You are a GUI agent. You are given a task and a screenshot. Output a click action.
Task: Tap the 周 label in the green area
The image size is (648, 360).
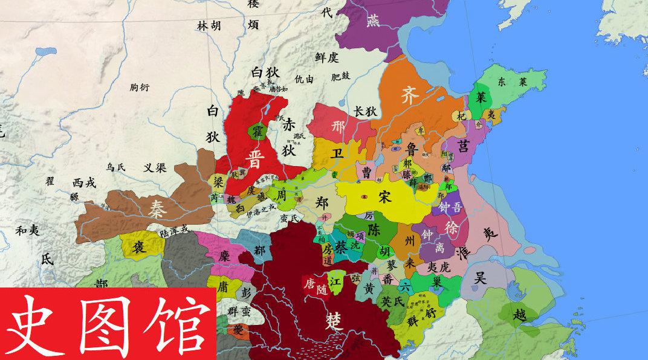[281, 197]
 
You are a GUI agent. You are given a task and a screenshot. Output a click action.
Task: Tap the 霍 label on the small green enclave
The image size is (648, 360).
[256, 131]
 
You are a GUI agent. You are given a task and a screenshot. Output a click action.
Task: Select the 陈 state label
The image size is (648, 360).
[374, 230]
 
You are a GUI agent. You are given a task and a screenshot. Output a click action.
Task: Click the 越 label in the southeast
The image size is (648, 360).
[519, 315]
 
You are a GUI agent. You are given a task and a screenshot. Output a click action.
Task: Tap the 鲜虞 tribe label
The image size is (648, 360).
[326, 57]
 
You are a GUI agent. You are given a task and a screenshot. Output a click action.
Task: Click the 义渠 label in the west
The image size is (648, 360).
[155, 168]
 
